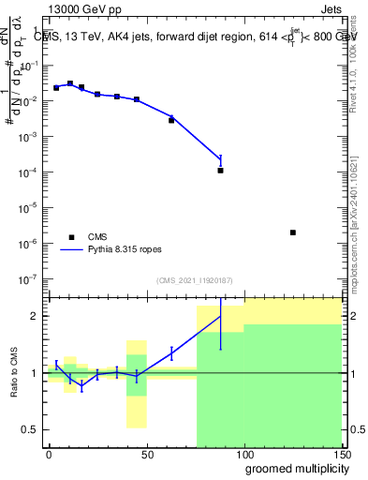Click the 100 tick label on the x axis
244,453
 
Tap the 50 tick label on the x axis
146,453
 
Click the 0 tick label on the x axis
49,453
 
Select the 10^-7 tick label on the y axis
30,278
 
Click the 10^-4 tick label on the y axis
30,172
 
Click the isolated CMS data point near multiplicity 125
293,232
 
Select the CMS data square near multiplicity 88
220,171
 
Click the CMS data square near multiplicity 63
171,120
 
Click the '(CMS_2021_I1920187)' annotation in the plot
195,280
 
